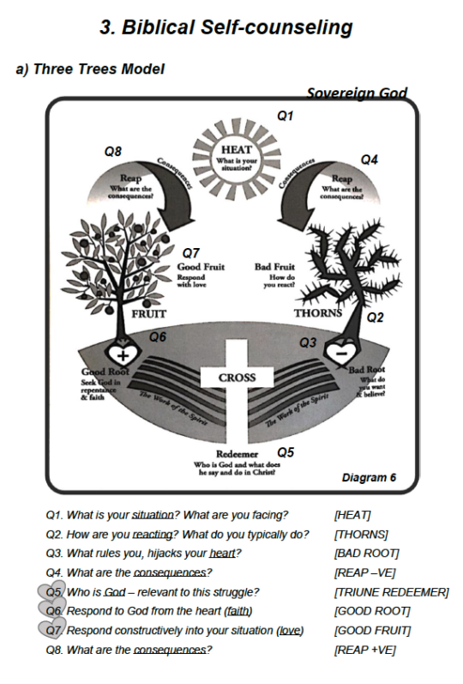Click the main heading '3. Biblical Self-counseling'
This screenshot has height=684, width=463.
226,27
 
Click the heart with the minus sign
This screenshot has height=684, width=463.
340,351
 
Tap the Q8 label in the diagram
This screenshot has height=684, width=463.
113,151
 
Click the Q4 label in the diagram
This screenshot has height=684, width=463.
370,160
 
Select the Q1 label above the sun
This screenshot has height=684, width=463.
285,114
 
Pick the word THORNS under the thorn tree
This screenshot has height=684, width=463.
318,313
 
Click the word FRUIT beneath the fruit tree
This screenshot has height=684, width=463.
148,314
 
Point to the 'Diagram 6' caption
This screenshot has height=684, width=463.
369,478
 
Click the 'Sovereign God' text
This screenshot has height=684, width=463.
357,94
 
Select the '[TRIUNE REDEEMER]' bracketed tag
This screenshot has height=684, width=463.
391,592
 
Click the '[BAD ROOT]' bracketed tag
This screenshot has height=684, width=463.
366,554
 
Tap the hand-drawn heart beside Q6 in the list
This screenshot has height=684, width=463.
51,610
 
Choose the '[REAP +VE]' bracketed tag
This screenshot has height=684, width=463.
364,650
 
